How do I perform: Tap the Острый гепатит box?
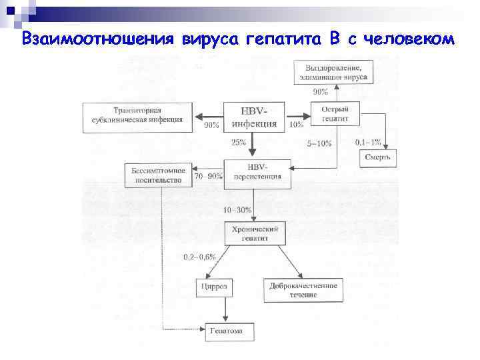coord(335,113)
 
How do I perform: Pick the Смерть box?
coord(379,157)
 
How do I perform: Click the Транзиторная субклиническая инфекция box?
coord(138,115)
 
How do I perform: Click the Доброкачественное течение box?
coord(303,289)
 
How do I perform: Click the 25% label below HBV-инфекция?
coord(239,142)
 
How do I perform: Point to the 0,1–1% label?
coord(368,142)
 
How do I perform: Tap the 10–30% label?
coord(237,209)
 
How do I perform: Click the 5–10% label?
coord(318,143)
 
